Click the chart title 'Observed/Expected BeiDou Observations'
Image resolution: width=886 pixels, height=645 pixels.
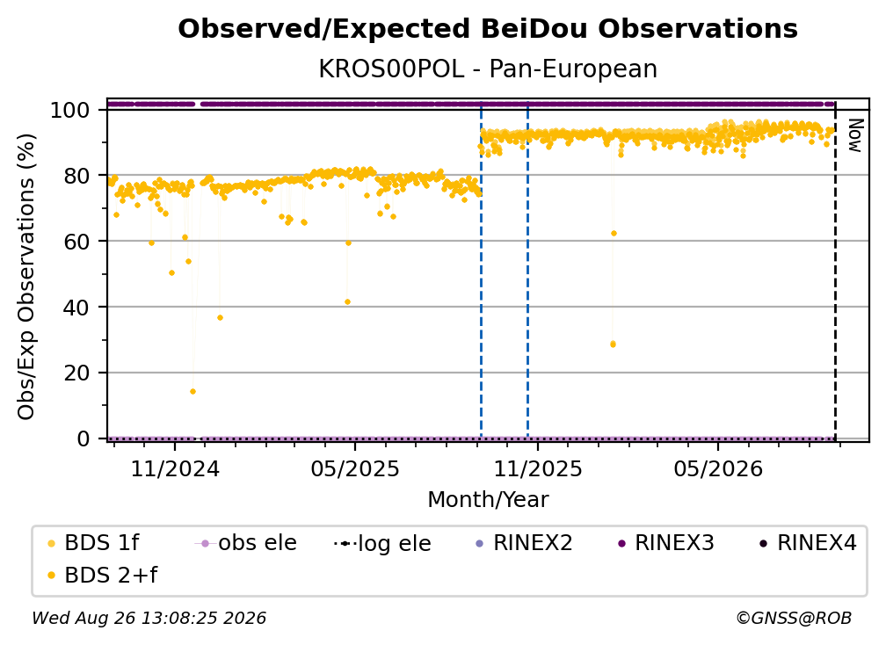[488, 29]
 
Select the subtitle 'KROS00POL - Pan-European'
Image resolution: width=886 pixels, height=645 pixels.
[488, 69]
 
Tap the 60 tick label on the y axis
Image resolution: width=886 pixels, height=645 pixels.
[77, 241]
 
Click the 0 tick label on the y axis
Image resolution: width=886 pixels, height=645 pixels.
[83, 438]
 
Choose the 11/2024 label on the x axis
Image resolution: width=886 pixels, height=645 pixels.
[175, 468]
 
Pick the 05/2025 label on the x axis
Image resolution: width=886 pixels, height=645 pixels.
[355, 468]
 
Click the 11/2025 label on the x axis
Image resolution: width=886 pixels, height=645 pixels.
[538, 468]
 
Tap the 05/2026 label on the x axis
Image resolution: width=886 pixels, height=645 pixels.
[718, 468]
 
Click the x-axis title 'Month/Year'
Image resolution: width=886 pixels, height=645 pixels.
[488, 500]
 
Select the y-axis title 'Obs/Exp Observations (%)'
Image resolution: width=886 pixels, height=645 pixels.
[26, 276]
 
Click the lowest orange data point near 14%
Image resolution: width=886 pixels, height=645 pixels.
[192, 391]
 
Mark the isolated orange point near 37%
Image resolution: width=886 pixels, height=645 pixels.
[220, 318]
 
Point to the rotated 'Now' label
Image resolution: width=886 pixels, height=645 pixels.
[855, 135]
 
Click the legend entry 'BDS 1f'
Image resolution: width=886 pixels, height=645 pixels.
[101, 543]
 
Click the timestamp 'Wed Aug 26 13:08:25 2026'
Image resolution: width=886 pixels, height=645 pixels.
[149, 618]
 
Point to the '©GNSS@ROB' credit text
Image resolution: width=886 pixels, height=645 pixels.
[794, 618]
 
